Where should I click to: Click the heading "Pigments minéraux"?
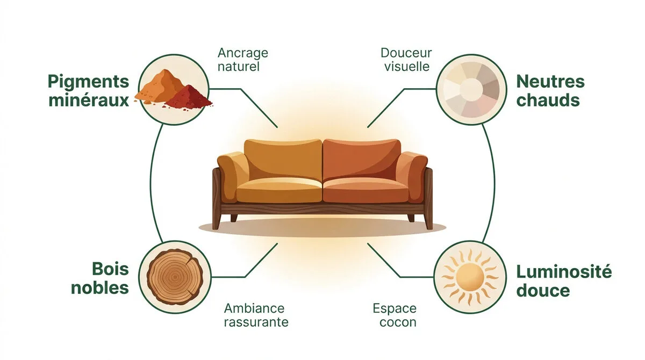88,91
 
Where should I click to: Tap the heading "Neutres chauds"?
550,91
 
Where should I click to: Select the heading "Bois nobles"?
100,278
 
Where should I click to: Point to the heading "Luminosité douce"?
564,281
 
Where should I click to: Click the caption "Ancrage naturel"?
243,60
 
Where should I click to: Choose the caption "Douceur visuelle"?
406,60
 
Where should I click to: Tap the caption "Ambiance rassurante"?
256,315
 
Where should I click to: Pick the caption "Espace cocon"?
395,315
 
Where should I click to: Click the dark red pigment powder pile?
189,97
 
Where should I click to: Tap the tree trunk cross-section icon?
175,277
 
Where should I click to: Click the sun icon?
470,277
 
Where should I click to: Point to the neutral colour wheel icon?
471,90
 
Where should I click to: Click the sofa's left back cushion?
283,160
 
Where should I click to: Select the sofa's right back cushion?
362,160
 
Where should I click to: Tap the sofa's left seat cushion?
279,190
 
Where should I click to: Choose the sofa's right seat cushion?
365,190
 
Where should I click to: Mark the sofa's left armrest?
233,176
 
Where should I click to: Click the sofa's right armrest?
412,176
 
